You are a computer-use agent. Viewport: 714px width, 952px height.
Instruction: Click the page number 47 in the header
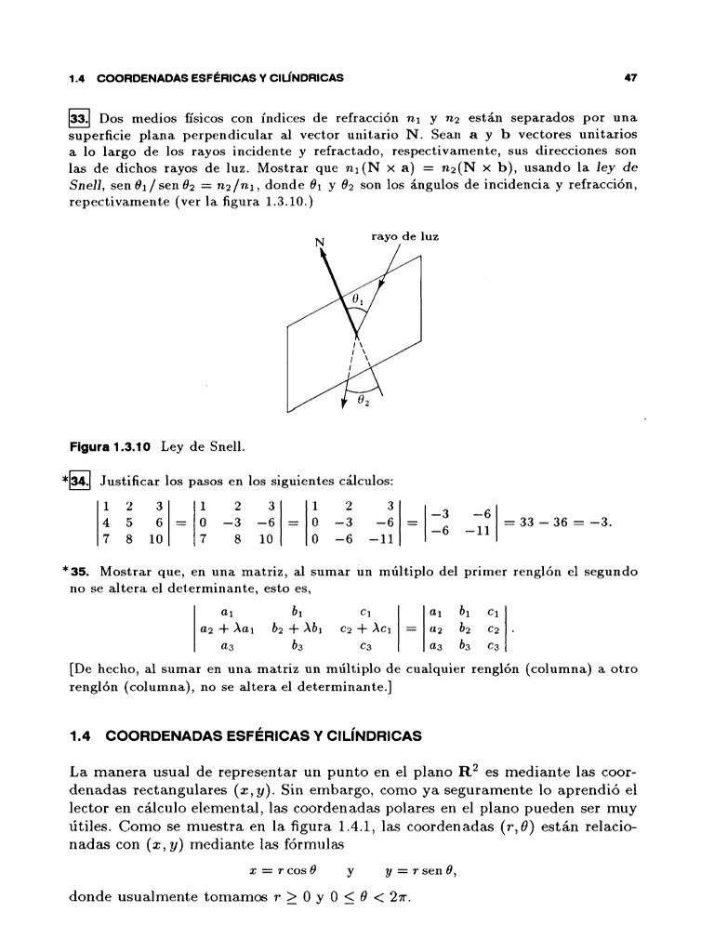click(630, 78)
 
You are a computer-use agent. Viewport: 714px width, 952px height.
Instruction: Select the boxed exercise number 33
click(81, 119)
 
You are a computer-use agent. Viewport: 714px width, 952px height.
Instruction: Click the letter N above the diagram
click(321, 244)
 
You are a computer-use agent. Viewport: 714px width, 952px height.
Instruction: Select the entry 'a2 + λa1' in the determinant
click(223, 628)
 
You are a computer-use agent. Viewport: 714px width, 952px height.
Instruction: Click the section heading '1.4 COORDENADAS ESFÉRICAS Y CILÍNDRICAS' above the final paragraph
click(245, 736)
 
